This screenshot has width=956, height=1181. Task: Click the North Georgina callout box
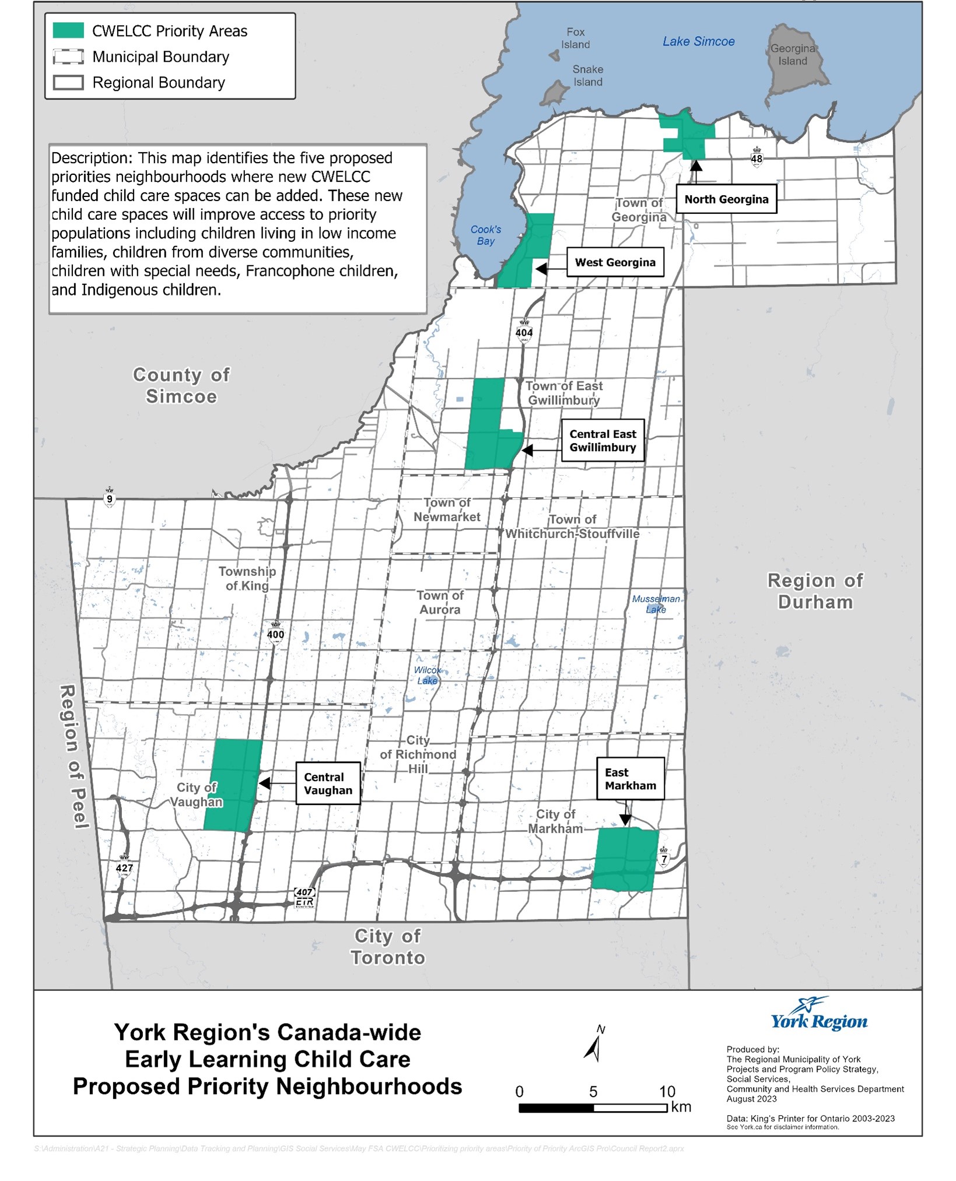point(726,199)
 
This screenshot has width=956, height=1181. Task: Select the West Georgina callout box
point(615,262)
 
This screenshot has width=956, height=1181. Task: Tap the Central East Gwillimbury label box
point(603,441)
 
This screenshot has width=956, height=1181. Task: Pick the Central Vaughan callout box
point(328,783)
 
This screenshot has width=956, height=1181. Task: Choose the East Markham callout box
point(630,779)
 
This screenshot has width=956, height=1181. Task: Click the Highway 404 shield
point(524,331)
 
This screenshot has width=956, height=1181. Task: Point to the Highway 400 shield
point(275,633)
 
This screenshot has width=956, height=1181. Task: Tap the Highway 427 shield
point(124,866)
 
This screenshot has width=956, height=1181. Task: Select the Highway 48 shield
point(757,157)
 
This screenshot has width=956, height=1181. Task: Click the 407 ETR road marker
point(304,897)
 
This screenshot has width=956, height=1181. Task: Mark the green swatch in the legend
point(68,31)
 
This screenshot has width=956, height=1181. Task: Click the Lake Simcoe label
point(698,41)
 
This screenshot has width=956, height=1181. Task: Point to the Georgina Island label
point(792,55)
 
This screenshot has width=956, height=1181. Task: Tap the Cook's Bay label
point(485,235)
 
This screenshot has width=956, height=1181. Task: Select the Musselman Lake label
point(656,604)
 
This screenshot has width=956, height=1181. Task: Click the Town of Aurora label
point(440,602)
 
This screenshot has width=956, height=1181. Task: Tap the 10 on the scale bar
point(667,1092)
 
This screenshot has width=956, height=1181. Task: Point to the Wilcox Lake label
point(427,675)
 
